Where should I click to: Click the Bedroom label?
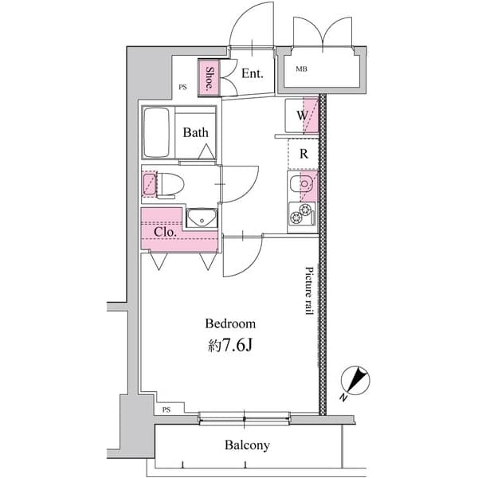click(x=230, y=323)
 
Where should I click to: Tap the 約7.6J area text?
click(x=230, y=347)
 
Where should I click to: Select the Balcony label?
click(x=246, y=445)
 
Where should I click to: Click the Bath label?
click(x=195, y=133)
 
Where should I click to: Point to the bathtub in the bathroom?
click(x=158, y=132)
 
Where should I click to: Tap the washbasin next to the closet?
click(x=202, y=217)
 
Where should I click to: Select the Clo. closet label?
click(x=165, y=233)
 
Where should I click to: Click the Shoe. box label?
click(x=209, y=77)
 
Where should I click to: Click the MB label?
click(x=302, y=69)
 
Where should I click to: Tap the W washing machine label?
click(x=303, y=116)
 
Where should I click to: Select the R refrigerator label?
click(x=304, y=154)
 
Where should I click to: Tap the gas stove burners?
click(x=302, y=214)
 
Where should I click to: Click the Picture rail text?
click(x=309, y=292)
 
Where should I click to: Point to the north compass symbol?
click(x=355, y=381)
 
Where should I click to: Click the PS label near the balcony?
click(x=166, y=409)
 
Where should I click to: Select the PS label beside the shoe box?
click(x=182, y=88)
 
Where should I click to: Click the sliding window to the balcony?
click(x=244, y=417)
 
